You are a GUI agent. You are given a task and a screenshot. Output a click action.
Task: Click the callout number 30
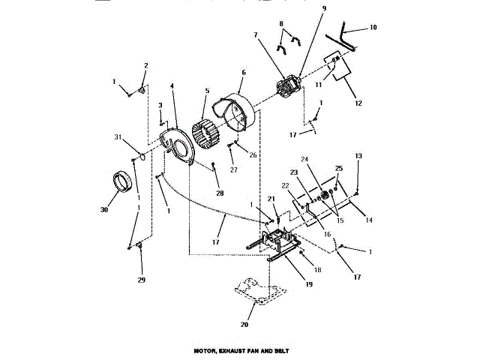[104, 210]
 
